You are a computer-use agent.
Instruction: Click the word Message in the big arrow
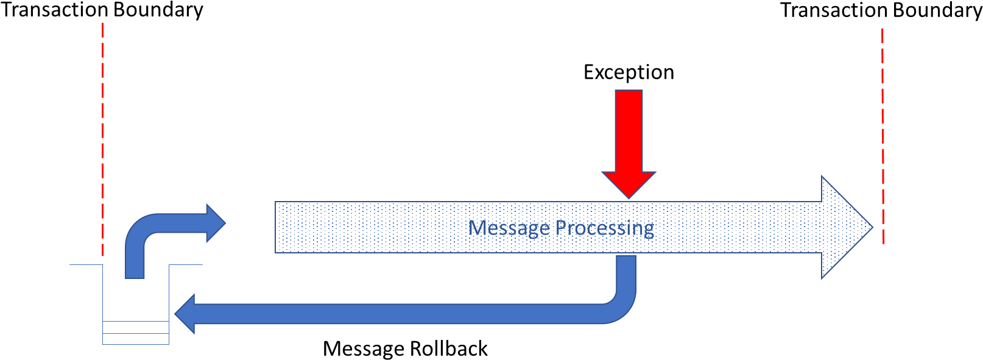tap(509, 228)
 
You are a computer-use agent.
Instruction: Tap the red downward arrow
tap(629, 134)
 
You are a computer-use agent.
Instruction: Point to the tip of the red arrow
tap(629, 196)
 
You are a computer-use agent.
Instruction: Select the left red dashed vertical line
tap(102, 140)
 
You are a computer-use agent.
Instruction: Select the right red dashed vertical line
tap(883, 134)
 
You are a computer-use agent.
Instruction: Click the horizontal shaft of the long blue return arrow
tap(396, 314)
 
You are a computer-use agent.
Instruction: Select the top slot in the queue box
tap(136, 327)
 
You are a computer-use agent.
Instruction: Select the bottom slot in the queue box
tap(136, 339)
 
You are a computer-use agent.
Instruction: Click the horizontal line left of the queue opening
tap(86, 264)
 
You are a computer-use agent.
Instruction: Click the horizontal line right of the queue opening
tap(186, 264)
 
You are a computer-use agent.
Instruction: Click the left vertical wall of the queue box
tap(102, 298)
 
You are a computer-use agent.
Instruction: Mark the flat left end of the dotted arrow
tap(277, 227)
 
